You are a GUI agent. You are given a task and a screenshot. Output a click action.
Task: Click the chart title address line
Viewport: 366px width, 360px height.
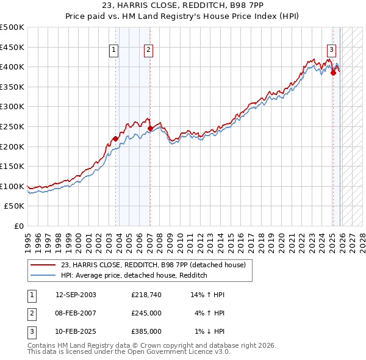182,7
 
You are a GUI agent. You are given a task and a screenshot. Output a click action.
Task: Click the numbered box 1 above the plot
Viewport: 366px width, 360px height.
114,51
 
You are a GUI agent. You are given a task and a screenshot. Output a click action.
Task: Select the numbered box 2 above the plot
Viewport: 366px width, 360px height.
149,51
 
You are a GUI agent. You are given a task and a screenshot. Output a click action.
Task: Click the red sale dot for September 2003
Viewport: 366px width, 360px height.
116,139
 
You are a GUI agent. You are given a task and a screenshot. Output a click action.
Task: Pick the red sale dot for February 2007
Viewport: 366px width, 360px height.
151,128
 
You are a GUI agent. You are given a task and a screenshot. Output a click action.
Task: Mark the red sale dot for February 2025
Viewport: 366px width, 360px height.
333,73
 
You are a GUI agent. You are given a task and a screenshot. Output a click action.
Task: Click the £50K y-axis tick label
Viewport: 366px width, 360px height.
15,206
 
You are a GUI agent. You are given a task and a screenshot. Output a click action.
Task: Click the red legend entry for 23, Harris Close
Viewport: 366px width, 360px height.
152,265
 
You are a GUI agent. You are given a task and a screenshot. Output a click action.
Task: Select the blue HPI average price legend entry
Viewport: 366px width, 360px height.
134,275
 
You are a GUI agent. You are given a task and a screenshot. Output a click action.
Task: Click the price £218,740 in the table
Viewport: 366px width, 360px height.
146,295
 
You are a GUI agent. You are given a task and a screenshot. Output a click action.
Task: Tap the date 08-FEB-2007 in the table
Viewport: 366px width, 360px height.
76,313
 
